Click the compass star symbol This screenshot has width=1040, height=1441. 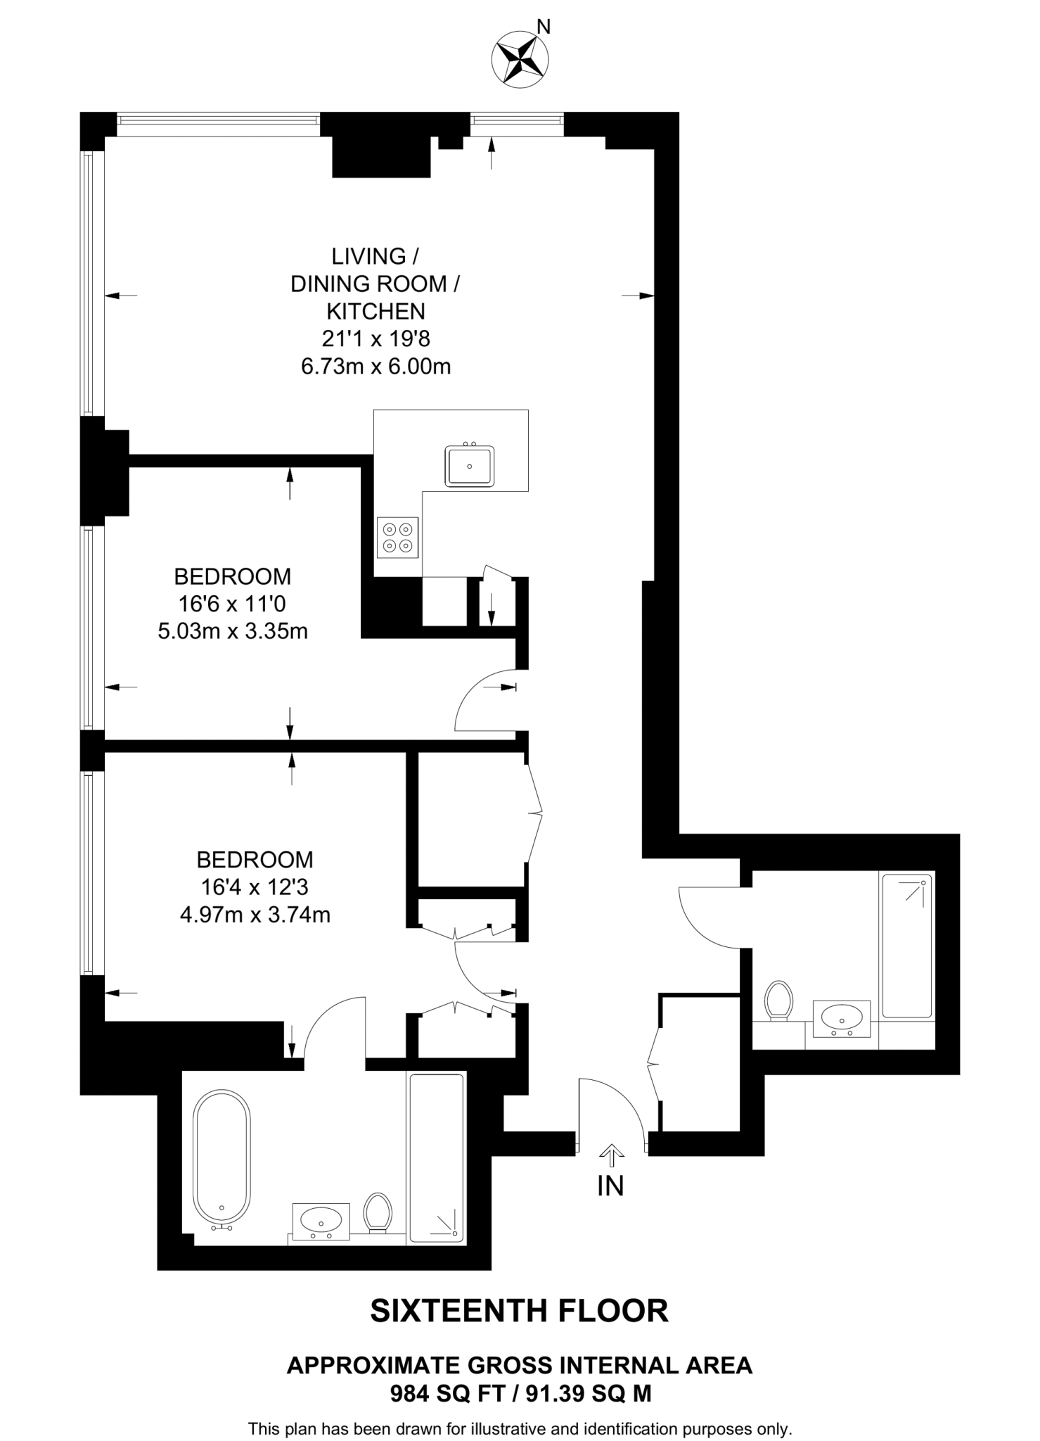click(520, 59)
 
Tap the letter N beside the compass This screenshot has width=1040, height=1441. click(544, 27)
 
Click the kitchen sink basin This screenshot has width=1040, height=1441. click(469, 466)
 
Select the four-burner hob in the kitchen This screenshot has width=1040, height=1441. click(397, 537)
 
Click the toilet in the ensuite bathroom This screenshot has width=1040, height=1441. click(378, 1212)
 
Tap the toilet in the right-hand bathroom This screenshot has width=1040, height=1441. click(778, 1000)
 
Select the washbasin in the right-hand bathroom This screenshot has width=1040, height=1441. click(842, 1018)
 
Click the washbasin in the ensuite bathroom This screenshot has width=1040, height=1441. click(321, 1218)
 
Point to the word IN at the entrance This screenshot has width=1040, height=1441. click(610, 1186)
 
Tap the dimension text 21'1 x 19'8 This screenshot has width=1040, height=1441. click(376, 339)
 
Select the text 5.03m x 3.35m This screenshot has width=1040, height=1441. click(233, 631)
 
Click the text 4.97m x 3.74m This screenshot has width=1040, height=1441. click(255, 915)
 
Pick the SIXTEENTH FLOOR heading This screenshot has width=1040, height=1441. click(519, 1311)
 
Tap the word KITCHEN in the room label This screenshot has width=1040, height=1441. click(375, 311)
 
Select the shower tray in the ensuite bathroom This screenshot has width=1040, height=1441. click(436, 1157)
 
